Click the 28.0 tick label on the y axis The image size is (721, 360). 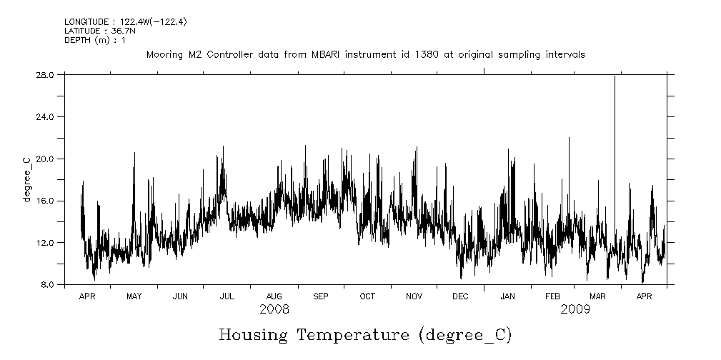point(45,74)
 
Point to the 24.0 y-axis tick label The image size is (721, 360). point(45,116)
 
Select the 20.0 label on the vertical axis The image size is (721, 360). point(45,159)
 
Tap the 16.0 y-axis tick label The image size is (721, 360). point(45,201)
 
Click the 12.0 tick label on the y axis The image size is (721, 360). point(45,243)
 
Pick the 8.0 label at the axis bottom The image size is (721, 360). point(47,285)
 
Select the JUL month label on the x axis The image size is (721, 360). point(227,296)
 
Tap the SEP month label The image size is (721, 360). point(321,296)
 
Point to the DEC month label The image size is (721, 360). point(460,296)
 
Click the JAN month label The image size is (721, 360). point(507,296)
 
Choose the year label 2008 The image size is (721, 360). point(274,309)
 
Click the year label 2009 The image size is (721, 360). point(575,309)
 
